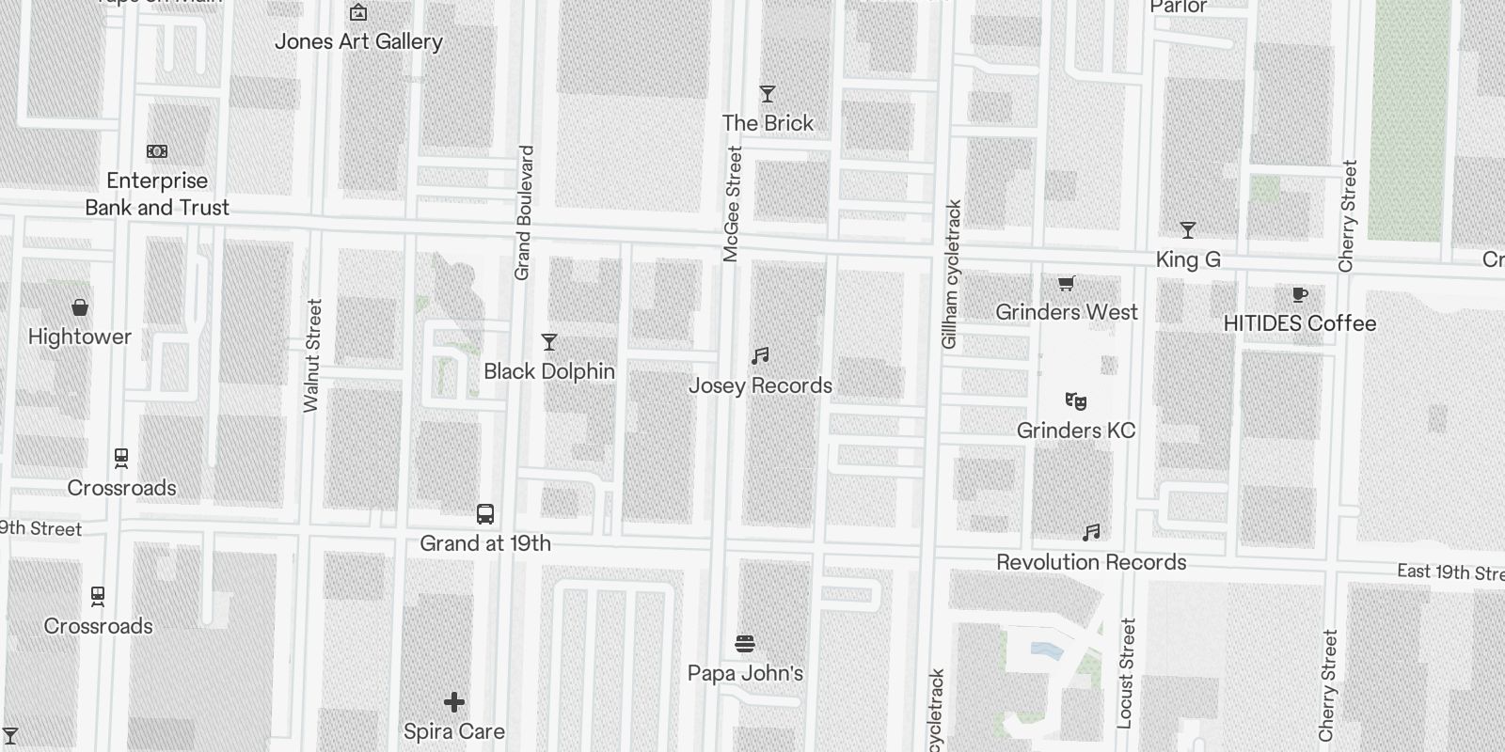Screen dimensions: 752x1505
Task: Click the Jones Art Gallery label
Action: tap(358, 41)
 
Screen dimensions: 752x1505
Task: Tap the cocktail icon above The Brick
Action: tap(768, 94)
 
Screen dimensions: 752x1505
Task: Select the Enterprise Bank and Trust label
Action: tap(157, 194)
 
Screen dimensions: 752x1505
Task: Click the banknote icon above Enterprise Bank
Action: tap(157, 151)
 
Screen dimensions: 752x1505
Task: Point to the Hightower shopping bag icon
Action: tap(80, 307)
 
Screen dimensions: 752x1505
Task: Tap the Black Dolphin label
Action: tap(549, 371)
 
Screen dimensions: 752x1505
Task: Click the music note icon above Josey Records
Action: tap(760, 356)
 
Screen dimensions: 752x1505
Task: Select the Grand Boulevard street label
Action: tap(524, 212)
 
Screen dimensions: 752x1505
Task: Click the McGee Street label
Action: tap(733, 204)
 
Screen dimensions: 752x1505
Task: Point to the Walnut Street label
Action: tap(313, 355)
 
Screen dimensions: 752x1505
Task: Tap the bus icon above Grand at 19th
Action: tap(485, 514)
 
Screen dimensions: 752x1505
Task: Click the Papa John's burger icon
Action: tap(745, 644)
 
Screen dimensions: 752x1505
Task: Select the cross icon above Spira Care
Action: tap(454, 702)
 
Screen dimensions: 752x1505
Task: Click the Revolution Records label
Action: tap(1091, 562)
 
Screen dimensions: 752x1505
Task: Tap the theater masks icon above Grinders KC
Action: tap(1076, 401)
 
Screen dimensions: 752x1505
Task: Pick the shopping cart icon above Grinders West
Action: tap(1067, 283)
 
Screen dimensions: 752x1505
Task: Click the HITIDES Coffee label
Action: tap(1300, 323)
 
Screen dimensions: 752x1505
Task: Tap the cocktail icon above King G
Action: tap(1188, 230)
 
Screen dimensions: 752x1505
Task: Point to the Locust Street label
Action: tap(1127, 672)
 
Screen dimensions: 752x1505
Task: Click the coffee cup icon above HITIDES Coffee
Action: tap(1300, 295)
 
